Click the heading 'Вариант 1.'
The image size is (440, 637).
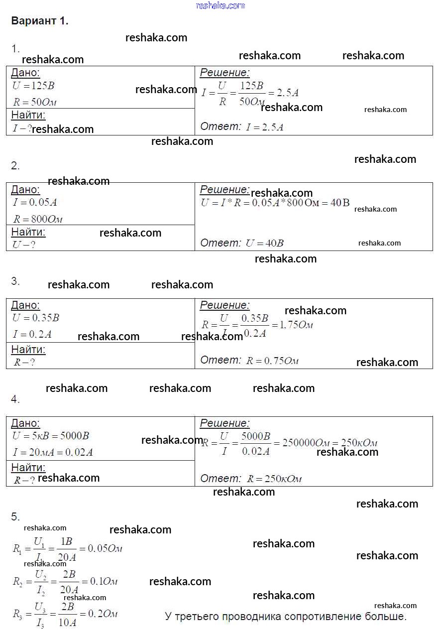pos(39,21)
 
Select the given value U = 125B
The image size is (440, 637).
pos(33,86)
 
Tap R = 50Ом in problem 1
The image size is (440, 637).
pos(35,102)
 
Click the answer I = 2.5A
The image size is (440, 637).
pos(265,127)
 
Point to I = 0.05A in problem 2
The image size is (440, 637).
pos(35,202)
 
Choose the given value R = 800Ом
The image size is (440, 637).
pos(37,219)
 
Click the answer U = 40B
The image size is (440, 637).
pos(265,244)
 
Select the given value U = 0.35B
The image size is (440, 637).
pos(36,318)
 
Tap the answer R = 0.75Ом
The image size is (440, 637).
pos(272,361)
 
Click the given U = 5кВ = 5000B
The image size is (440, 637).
pos(51,436)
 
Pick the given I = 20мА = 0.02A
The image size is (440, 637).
pos(53,452)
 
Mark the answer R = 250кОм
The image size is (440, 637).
pos(274,479)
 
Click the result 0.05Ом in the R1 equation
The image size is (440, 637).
pos(105,548)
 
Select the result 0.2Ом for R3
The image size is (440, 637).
pos(103,614)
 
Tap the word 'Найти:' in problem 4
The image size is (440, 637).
pos(28,467)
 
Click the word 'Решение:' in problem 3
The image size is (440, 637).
pos(224,305)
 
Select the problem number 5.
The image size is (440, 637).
pos(15,516)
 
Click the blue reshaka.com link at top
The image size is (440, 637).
pos(220,5)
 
